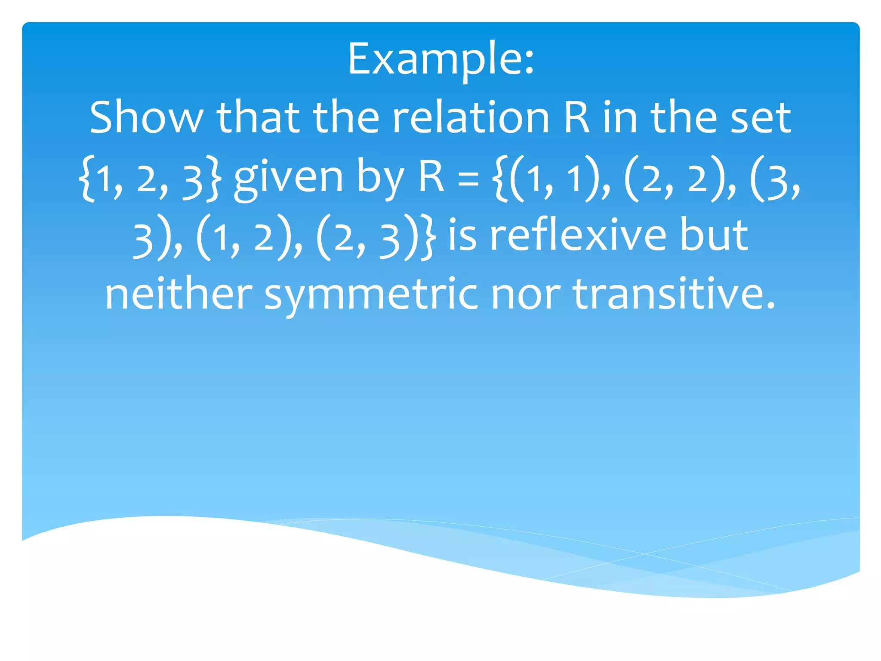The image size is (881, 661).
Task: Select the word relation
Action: tap(471, 117)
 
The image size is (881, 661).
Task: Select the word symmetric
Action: tap(371, 295)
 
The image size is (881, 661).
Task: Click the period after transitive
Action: tap(771, 306)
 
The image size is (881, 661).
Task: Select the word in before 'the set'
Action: tap(619, 117)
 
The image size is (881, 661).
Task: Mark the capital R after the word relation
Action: tap(576, 117)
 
